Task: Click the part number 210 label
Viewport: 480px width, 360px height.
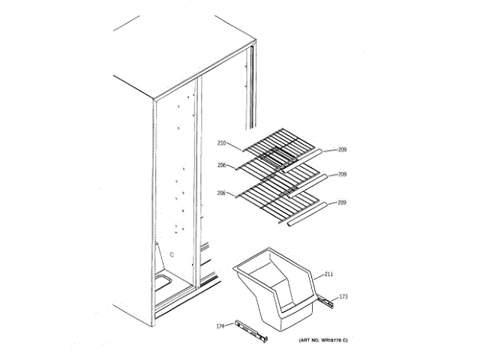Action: click(222, 143)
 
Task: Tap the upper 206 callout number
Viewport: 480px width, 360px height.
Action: click(222, 166)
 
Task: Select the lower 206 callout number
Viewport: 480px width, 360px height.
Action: click(222, 193)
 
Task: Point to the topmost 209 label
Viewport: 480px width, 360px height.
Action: click(342, 149)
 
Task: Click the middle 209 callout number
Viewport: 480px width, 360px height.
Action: click(342, 175)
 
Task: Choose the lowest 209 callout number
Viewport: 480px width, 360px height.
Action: click(342, 202)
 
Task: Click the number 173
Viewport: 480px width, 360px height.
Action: click(344, 298)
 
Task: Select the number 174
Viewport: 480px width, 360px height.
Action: click(220, 325)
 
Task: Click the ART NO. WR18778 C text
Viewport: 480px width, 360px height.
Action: click(322, 341)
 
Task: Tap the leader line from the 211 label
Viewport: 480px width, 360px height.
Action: click(316, 276)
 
